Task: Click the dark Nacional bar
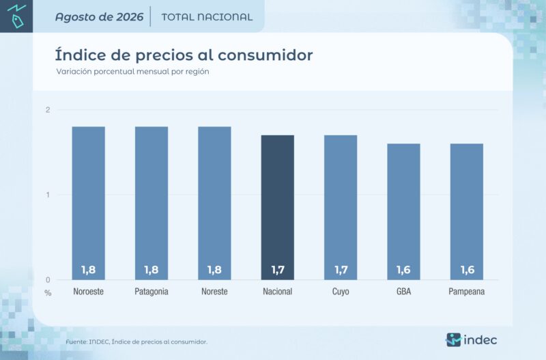coord(278,208)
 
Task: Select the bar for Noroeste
coord(89,203)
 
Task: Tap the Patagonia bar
coord(152,203)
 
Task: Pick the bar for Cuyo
coord(341,208)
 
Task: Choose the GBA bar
coord(403,212)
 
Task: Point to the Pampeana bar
coord(467,212)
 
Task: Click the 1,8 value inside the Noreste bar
coord(214,270)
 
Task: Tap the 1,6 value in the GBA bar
coord(403,270)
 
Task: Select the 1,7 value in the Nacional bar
coord(278,270)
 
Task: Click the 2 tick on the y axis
coord(48,110)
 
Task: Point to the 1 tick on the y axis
coord(48,195)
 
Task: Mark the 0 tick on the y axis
coord(48,280)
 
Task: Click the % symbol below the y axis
coord(48,293)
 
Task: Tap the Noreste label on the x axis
coord(214,291)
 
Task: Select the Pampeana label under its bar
coord(467,292)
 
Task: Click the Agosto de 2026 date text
coord(99,17)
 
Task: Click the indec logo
coord(472,340)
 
